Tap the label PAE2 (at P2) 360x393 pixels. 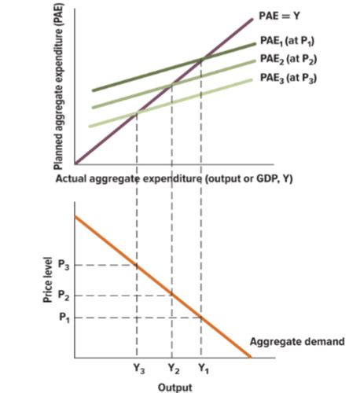click(x=288, y=60)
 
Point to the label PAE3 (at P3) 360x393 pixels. click(x=288, y=79)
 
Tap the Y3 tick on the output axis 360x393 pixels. click(x=138, y=369)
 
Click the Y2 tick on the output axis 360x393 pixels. click(x=173, y=369)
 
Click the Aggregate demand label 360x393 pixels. click(x=296, y=340)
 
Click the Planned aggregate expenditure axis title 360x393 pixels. click(x=57, y=86)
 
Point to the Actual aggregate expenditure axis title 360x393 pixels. click(x=174, y=178)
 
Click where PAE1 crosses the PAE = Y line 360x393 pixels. click(x=202, y=58)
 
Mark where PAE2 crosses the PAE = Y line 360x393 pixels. click(x=171, y=84)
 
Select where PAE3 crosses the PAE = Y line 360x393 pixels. click(x=138, y=112)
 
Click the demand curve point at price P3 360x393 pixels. click(x=138, y=266)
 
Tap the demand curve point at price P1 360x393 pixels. click(x=202, y=318)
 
